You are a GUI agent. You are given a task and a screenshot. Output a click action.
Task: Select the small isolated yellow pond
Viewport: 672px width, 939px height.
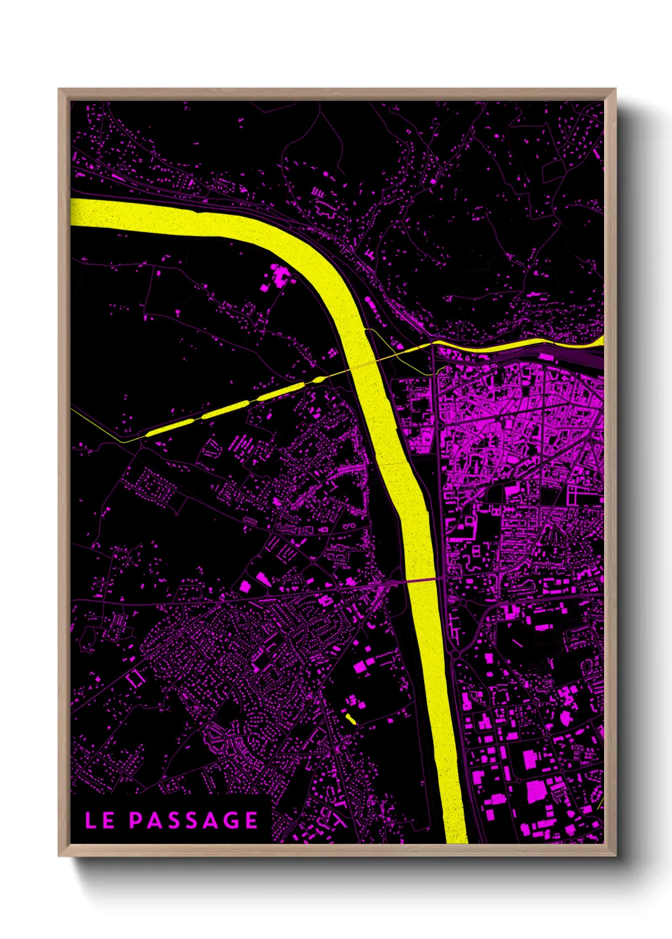[x=350, y=719]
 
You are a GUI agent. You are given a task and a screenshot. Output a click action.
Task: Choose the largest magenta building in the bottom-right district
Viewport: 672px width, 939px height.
[x=536, y=791]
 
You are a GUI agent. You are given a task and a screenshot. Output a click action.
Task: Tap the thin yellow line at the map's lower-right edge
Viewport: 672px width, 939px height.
[x=600, y=805]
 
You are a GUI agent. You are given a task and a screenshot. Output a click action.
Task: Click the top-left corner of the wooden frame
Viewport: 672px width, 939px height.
[x=59, y=89]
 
